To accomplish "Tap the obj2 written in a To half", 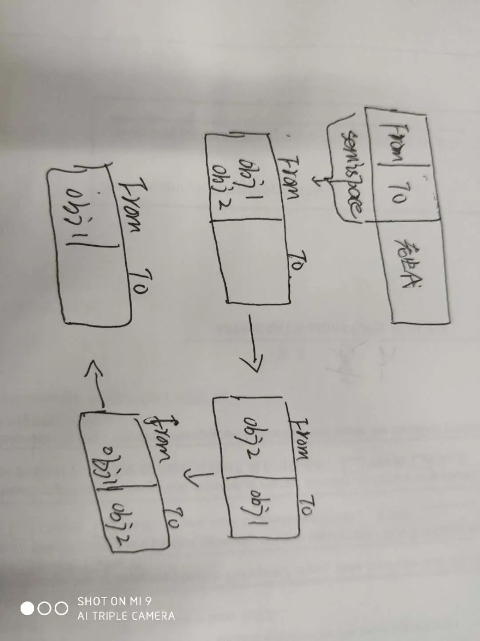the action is coord(119,525).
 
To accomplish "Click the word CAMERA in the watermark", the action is coord(153,616).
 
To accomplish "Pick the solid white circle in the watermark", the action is coord(28,609).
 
